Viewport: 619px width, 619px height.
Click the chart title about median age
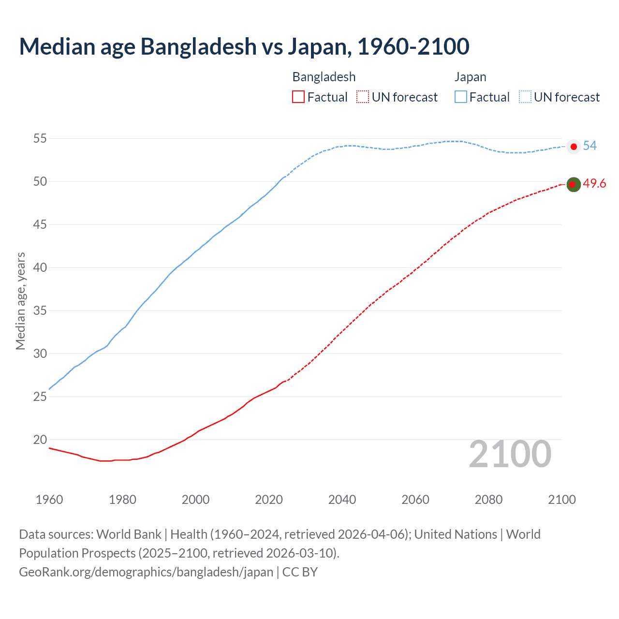tap(244, 46)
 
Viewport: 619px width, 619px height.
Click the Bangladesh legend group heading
tap(324, 77)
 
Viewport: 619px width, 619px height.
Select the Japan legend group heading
tap(470, 77)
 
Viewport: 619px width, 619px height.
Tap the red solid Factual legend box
tap(298, 97)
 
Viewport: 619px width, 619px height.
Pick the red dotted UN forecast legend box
tap(363, 97)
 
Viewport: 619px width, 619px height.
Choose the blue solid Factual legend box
tap(461, 97)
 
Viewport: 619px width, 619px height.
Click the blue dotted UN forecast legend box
tap(525, 97)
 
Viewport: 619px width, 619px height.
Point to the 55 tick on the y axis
tap(40, 139)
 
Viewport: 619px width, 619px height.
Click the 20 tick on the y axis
tap(40, 440)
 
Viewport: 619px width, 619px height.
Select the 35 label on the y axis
tap(40, 311)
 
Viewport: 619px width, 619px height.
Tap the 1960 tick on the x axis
tap(49, 500)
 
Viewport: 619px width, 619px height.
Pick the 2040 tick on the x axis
tap(342, 500)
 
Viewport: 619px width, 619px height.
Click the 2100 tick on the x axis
tap(561, 500)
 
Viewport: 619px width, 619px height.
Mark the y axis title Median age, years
tap(20, 301)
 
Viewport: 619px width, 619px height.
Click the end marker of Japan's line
tap(574, 147)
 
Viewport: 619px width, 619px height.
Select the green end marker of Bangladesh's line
tap(574, 184)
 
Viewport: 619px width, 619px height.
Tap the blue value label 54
tap(590, 146)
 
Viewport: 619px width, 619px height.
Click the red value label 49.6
tap(594, 184)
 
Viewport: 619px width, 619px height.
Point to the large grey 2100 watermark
tap(510, 454)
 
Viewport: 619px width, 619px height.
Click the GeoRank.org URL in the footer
tap(146, 572)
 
